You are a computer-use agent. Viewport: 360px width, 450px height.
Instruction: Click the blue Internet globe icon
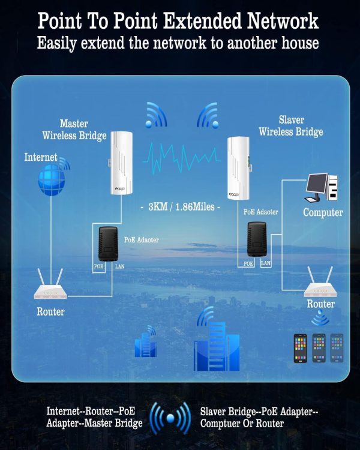click(52, 181)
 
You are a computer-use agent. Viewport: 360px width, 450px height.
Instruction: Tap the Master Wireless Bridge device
click(121, 163)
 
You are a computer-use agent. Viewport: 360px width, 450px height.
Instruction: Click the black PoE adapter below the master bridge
click(107, 244)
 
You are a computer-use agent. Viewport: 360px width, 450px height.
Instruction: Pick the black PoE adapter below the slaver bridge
click(257, 239)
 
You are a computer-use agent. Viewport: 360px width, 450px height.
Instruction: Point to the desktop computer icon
click(322, 187)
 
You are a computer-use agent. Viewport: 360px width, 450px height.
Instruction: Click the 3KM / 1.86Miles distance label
click(181, 206)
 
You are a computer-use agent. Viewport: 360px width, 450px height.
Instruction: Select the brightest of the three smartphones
click(300, 348)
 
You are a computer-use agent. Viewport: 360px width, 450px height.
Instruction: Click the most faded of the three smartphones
click(337, 347)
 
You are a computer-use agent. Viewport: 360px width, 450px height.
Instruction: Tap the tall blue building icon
click(217, 344)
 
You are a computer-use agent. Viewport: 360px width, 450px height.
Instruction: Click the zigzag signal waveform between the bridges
click(181, 159)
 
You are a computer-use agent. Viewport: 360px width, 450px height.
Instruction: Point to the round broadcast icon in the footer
click(170, 418)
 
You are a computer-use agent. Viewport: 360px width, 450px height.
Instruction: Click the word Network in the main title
click(283, 20)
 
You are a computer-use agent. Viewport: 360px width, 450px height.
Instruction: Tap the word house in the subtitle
click(300, 43)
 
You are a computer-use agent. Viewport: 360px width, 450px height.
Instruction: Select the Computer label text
click(323, 212)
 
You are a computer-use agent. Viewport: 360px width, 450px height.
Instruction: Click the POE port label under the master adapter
click(98, 266)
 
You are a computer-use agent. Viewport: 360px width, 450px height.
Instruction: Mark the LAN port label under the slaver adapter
click(266, 263)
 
